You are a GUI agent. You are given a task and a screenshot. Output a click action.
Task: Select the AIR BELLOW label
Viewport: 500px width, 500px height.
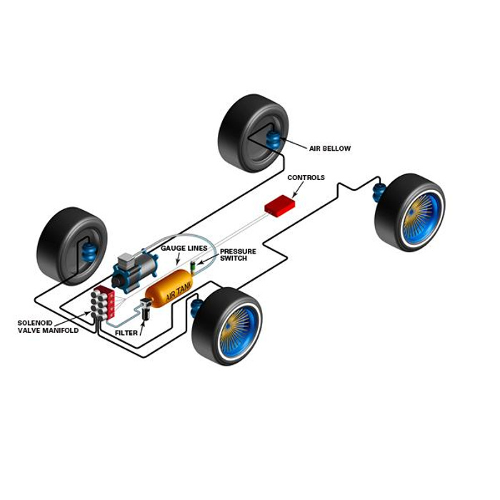[329, 149]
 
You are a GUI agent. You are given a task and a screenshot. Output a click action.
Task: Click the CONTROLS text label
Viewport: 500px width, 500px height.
[306, 177]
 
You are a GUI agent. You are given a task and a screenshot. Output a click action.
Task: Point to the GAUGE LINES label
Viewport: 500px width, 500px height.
[184, 248]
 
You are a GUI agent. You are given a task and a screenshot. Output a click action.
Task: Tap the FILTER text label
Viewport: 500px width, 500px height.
[126, 333]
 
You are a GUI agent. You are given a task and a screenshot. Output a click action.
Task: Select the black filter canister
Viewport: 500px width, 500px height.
[146, 309]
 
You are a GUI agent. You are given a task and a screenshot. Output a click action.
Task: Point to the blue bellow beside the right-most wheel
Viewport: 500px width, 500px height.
[379, 191]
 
